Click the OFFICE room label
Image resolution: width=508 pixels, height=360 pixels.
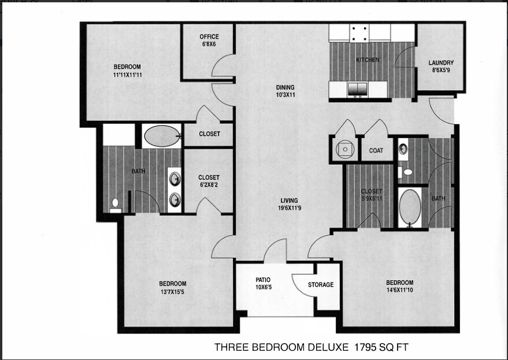pos(209,37)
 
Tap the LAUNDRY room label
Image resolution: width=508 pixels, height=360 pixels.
pos(441,63)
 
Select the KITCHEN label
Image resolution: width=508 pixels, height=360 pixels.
pos(368,60)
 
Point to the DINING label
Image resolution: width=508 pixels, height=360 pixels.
pos(285,88)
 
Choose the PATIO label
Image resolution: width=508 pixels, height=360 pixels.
pos(263,280)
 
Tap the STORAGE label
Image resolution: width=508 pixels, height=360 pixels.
pos(321,284)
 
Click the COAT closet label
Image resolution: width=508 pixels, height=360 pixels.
pos(376,151)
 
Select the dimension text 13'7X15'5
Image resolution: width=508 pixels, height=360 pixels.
pos(173,291)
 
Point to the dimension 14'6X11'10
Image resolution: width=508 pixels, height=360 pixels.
pos(400,290)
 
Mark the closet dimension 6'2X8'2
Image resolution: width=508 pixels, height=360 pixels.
pos(209,185)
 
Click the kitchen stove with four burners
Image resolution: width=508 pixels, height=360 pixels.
pos(358,33)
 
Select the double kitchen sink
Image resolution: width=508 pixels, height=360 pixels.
pos(358,90)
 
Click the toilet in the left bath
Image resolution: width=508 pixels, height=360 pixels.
pos(116,203)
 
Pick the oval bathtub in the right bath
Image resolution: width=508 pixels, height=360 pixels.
pos(411,207)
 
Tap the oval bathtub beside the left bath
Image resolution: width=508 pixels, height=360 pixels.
pos(161,138)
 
